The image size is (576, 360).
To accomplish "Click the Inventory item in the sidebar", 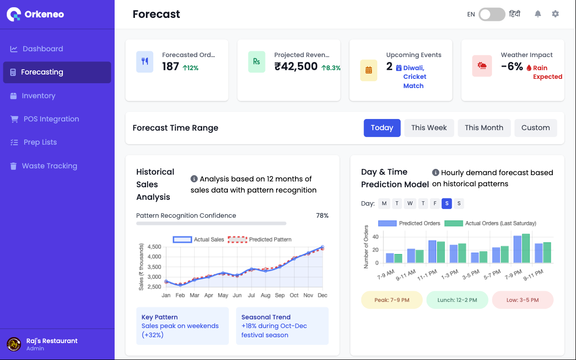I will click(38, 96).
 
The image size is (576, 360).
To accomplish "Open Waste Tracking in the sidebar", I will click(49, 166).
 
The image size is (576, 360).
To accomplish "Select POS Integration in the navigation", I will click(51, 119).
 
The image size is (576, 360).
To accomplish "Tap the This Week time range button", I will click(429, 128).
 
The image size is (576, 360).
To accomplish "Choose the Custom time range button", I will click(535, 128).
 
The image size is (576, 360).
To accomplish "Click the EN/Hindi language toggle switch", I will click(492, 14).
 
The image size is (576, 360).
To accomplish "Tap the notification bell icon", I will click(538, 14).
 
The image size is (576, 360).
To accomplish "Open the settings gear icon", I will click(555, 14).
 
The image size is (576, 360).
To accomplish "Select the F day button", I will click(435, 203).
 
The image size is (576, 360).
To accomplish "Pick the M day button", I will click(384, 203).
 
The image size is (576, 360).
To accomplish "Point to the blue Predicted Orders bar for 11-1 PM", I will click(432, 252).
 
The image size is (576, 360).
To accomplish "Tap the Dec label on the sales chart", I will click(322, 295).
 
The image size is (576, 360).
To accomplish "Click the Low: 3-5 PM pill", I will click(522, 300).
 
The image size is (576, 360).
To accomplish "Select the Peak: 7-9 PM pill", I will click(392, 300).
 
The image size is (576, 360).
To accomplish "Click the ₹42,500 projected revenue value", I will click(296, 67).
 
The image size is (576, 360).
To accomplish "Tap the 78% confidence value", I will click(322, 216).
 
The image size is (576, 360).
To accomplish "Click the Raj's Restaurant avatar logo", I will click(14, 344).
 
